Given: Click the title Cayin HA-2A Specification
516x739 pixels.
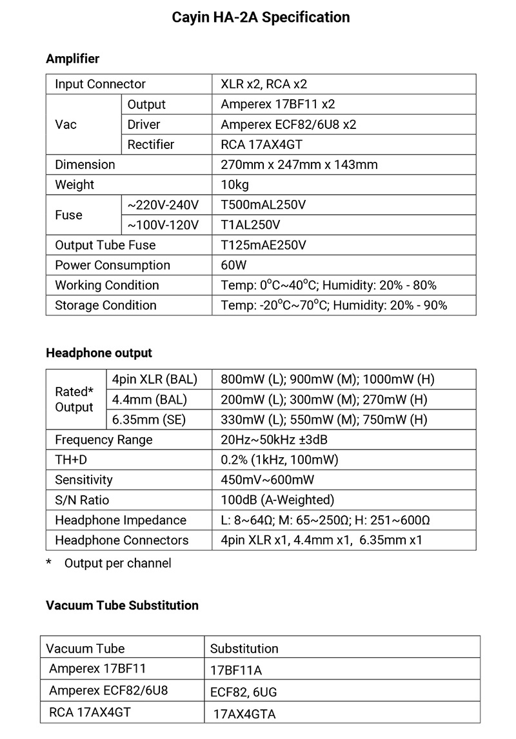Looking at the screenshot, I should [261, 17].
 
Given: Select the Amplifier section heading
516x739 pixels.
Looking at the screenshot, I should [72, 59].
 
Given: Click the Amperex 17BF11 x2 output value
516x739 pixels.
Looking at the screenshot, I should [277, 104].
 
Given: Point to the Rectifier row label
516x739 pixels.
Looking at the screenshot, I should [150, 144].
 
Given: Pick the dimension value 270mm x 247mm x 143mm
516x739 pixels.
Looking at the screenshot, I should [299, 164].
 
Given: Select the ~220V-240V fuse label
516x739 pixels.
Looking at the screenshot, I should [163, 205].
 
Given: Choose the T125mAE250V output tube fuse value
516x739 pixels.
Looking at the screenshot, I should [263, 245].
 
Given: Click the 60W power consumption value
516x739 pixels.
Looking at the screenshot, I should [233, 265].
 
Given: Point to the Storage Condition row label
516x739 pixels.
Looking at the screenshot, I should [105, 305].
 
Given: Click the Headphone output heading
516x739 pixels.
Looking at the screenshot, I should [99, 353].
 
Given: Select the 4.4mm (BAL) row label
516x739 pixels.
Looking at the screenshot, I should [149, 399].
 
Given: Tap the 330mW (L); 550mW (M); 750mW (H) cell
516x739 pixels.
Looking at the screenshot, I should [324, 420].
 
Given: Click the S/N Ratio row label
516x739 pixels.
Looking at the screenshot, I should [82, 500].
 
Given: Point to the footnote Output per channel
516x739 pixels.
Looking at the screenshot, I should [117, 563].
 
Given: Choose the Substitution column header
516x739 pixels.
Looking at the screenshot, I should [244, 648].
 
